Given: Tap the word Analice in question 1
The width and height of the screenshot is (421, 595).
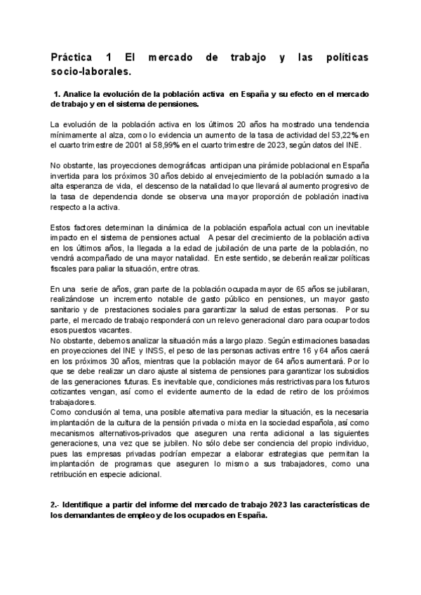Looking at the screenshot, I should [x=83, y=94].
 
